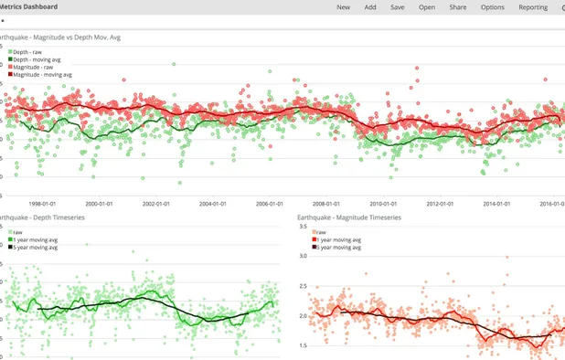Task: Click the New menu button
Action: pos(343,7)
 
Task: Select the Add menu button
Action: pos(369,7)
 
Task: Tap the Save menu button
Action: pos(397,7)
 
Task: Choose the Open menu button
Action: pos(426,7)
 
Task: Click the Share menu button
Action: pos(457,7)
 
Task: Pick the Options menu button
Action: pos(492,7)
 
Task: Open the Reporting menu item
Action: pos(533,7)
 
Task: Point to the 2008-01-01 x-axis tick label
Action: pos(326,204)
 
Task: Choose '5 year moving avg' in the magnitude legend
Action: pos(339,247)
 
